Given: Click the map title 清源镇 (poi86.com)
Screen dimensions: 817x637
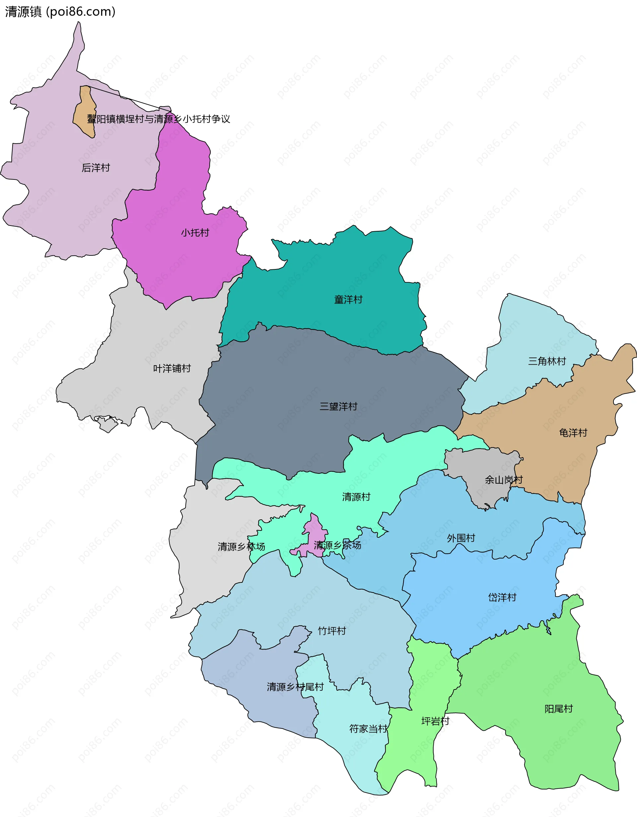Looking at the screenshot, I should point(60,12).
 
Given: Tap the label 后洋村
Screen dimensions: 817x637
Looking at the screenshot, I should point(96,168).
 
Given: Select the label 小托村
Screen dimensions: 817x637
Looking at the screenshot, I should point(195,233).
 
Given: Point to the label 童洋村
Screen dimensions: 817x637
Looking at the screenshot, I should point(348,300).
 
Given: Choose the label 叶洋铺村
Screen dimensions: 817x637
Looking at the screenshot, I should point(172,369).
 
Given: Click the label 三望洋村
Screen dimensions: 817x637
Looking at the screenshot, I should point(338,406).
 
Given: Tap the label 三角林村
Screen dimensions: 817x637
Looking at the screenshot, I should point(546,361).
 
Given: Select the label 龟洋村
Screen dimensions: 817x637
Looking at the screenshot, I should point(573,433).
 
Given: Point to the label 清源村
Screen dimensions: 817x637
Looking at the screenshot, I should point(356,497).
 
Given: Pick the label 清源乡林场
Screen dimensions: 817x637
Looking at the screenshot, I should point(241,547).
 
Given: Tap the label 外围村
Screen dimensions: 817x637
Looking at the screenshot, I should point(460,538).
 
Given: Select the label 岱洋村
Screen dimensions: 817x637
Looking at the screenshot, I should point(502,597).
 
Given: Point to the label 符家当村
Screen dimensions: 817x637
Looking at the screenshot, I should point(368,729).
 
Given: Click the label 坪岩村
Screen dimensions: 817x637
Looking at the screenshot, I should point(435,721).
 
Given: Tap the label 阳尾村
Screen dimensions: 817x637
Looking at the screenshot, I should point(558,709).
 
